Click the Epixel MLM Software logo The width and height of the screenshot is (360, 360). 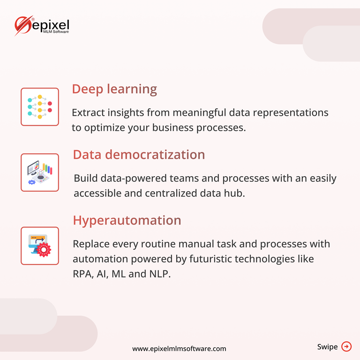(42, 26)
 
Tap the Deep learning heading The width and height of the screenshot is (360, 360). (114, 90)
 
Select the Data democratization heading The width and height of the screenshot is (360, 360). (139, 155)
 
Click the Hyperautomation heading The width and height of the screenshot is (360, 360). (127, 221)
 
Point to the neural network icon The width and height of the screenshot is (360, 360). (40, 107)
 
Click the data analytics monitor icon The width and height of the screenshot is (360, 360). (40, 172)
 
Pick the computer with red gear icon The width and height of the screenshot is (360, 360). (40, 246)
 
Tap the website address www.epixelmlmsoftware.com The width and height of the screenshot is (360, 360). (179, 349)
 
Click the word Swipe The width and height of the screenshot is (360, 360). (327, 347)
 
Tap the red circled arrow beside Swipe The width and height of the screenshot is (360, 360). (346, 346)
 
